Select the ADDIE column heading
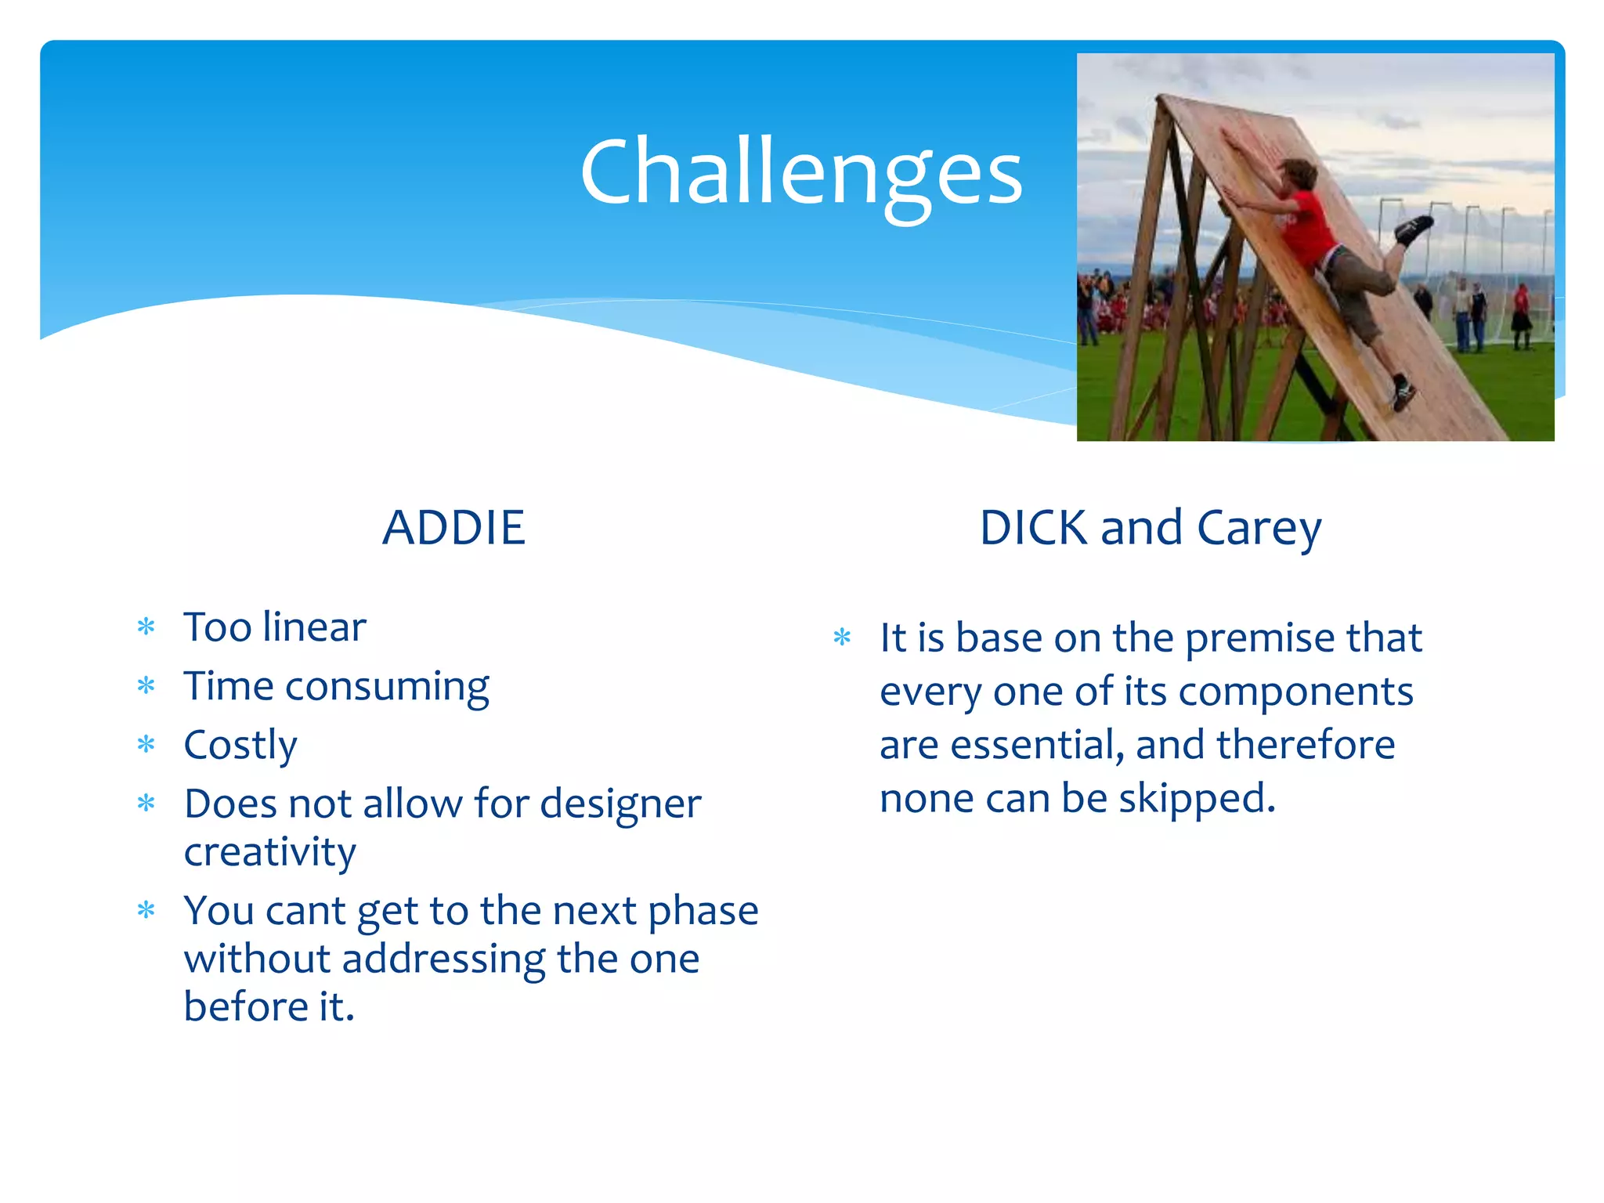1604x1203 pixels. (x=453, y=527)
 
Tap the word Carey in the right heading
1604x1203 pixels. (x=1259, y=529)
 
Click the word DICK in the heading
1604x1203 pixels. (x=1032, y=528)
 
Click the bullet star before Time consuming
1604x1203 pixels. (x=146, y=686)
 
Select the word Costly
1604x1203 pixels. (x=240, y=745)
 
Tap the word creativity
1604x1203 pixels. (x=269, y=852)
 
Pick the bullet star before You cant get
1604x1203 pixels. (x=146, y=910)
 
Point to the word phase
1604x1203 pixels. (x=703, y=911)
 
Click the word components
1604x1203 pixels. (x=1295, y=692)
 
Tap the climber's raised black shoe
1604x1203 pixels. (x=1414, y=229)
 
